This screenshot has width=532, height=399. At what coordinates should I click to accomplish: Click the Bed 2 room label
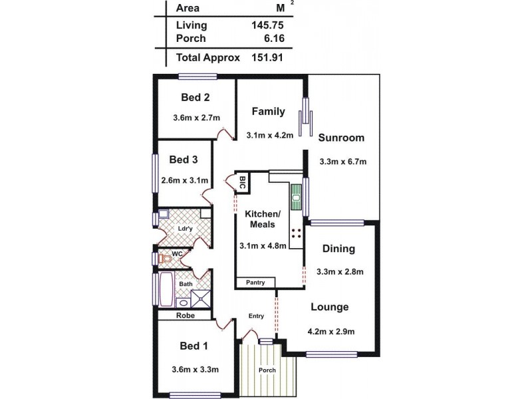pyautogui.click(x=196, y=97)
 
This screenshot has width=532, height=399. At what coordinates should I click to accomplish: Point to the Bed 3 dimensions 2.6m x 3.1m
pyautogui.click(x=185, y=180)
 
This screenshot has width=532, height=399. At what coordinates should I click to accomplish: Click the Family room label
pyautogui.click(x=269, y=112)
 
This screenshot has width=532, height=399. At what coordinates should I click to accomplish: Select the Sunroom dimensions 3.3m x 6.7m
pyautogui.click(x=342, y=162)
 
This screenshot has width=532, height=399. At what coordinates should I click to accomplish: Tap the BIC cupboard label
pyautogui.click(x=242, y=182)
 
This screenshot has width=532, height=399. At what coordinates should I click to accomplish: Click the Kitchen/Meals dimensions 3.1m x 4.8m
pyautogui.click(x=263, y=245)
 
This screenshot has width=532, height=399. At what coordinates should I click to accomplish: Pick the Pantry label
pyautogui.click(x=255, y=283)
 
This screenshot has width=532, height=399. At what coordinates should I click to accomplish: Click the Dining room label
pyautogui.click(x=338, y=249)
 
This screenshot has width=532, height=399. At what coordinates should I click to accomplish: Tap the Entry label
pyautogui.click(x=256, y=316)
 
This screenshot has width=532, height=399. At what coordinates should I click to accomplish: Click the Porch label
pyautogui.click(x=267, y=370)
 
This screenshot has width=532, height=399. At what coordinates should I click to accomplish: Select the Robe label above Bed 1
pyautogui.click(x=186, y=316)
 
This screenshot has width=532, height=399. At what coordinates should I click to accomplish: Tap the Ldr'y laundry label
pyautogui.click(x=185, y=229)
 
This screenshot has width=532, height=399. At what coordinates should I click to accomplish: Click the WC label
pyautogui.click(x=177, y=253)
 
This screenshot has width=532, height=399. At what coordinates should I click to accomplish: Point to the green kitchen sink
pyautogui.click(x=296, y=195)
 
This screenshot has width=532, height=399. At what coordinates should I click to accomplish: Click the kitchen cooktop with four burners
pyautogui.click(x=296, y=233)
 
